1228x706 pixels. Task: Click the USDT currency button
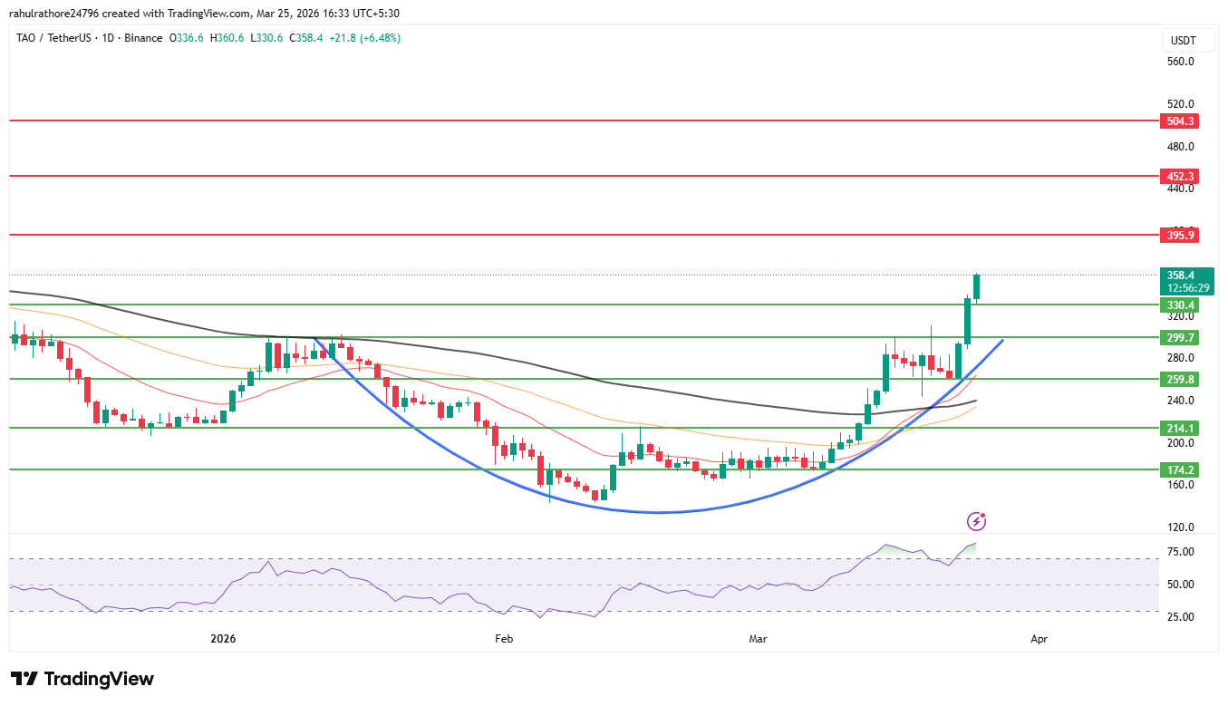click(x=1183, y=40)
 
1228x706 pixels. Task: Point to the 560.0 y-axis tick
click(x=1180, y=62)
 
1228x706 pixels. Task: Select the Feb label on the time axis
click(x=504, y=639)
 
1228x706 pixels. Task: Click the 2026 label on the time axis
click(x=223, y=639)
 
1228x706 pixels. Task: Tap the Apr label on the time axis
click(x=1039, y=639)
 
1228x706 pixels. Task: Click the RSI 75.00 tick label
click(x=1180, y=552)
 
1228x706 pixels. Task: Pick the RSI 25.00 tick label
click(x=1180, y=617)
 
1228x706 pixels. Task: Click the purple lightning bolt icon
click(x=976, y=521)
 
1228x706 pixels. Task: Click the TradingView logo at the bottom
click(x=82, y=679)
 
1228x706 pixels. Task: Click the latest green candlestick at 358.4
click(x=977, y=286)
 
